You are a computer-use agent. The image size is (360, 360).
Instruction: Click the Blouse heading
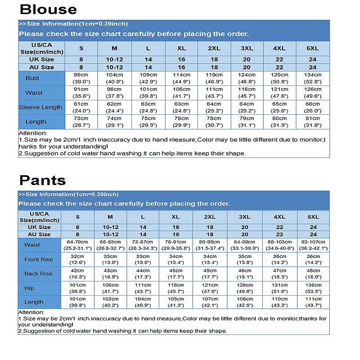pos(49,9)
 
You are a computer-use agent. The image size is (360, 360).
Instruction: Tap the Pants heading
pos(42,180)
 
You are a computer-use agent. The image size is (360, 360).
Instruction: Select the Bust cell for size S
pos(81,78)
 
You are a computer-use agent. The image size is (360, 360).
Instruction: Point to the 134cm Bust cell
pos(313,78)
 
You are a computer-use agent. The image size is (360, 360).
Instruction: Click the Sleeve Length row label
pos(40,107)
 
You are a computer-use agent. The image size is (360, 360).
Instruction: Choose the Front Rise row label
pos(39,259)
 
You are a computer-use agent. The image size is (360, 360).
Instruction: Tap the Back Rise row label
pos(39,274)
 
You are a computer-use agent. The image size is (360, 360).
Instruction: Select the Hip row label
pos(29,288)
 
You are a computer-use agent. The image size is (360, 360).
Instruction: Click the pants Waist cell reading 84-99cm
pos(245,245)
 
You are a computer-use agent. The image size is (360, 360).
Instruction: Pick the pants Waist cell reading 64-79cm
pos(77,245)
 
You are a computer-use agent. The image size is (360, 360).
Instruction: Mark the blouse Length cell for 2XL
pos(214,121)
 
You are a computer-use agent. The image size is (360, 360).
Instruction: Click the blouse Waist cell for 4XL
pos(280,93)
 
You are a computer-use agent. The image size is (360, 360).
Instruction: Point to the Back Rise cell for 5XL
pos(313,274)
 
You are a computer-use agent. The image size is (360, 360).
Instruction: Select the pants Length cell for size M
pos(111,302)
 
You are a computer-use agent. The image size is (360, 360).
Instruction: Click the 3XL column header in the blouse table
pos(247,48)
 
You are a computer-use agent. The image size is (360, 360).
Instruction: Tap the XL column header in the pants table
pos(176,217)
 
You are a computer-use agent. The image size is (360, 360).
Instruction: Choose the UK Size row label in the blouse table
pos(42,59)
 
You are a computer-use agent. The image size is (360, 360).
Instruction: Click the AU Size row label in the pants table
pos(39,234)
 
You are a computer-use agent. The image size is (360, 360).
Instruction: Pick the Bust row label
pos(32,78)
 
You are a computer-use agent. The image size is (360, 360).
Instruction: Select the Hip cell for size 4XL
pos(280,288)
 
